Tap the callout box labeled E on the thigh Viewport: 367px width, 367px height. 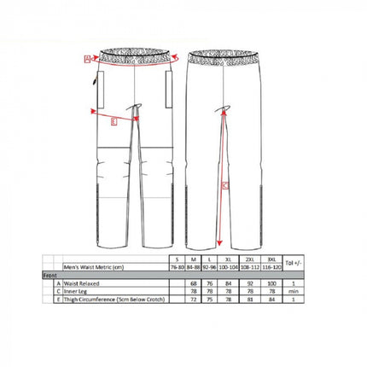tap(114, 120)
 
